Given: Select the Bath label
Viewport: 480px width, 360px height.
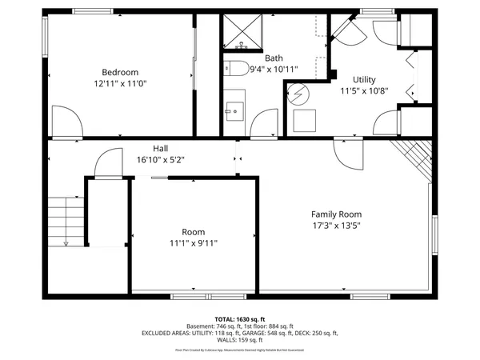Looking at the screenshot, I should pyautogui.click(x=274, y=58).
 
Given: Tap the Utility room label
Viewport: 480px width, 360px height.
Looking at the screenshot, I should pyautogui.click(x=358, y=79).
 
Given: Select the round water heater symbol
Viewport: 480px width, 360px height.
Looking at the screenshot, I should pyautogui.click(x=298, y=92).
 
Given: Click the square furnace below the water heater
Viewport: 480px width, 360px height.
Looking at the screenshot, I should pyautogui.click(x=304, y=120).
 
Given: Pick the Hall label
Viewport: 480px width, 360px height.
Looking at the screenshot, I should pyautogui.click(x=161, y=148).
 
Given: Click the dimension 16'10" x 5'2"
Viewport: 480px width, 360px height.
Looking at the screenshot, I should pyautogui.click(x=161, y=159).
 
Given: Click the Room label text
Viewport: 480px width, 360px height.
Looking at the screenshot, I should pyautogui.click(x=193, y=231).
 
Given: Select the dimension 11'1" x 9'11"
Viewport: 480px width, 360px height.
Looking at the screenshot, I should pyautogui.click(x=193, y=243).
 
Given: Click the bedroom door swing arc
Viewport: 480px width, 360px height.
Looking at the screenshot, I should pyautogui.click(x=66, y=122).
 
